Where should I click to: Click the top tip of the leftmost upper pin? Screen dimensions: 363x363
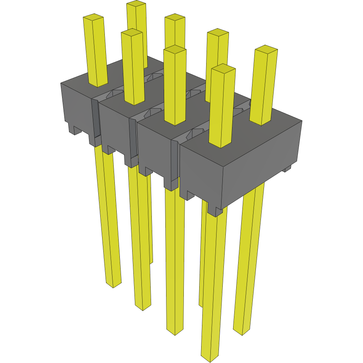coord(94,17)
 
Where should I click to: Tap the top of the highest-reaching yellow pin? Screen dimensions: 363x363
coord(136,4)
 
